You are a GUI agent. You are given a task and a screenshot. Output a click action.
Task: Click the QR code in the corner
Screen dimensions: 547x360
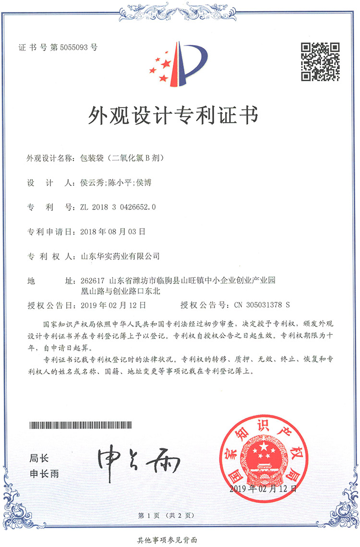click(320, 61)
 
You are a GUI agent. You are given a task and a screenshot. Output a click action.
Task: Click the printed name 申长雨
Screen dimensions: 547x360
click(44, 474)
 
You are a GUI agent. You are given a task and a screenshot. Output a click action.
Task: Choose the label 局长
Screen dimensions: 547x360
click(39, 458)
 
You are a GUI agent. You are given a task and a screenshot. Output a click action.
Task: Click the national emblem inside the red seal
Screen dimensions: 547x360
click(263, 456)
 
